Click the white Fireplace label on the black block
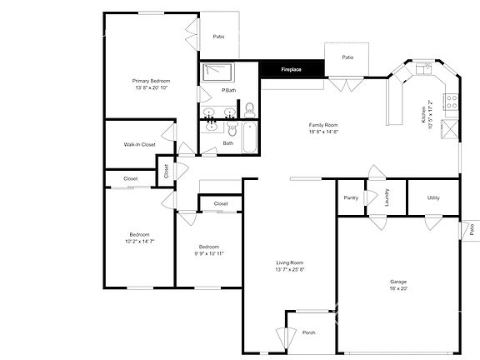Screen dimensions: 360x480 pos(291,69)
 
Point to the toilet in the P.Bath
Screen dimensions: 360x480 pos(249,108)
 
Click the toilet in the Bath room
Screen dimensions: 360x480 pos(232,129)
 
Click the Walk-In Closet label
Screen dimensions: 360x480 pos(139,144)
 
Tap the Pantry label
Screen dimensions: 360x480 pos(351,197)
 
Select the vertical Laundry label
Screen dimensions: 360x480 pos(387,197)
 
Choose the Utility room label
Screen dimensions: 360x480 pos(433,197)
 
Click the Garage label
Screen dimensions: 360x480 pos(398,281)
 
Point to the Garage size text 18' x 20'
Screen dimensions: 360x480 pos(398,288)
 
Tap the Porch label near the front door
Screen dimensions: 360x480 pos(308,332)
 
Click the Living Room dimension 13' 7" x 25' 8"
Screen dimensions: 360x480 pos(290,269)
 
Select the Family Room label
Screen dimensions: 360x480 pos(323,123)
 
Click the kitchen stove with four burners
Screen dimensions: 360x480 pos(451,102)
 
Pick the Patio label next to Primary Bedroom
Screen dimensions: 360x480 pos(218,37)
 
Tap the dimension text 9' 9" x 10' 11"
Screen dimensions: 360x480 pos(208,253)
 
